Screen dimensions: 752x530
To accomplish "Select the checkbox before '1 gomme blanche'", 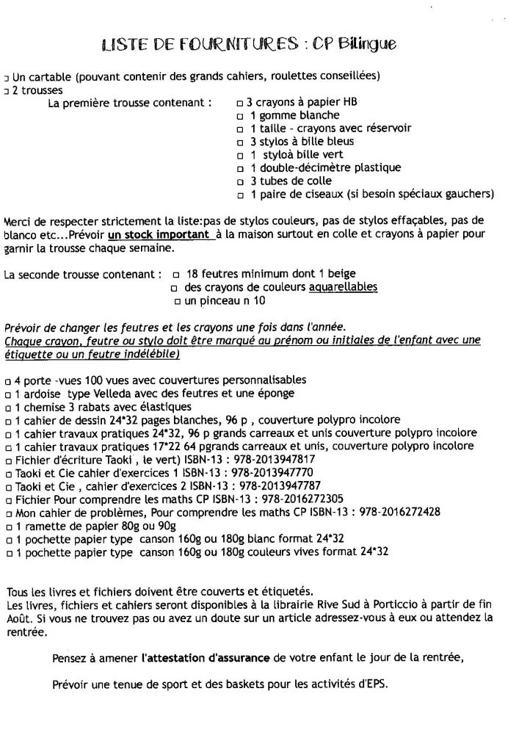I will pos(239,116).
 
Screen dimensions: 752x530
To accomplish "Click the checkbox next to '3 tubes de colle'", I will pos(239,181).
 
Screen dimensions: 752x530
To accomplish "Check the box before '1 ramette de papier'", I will pos(7,526).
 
